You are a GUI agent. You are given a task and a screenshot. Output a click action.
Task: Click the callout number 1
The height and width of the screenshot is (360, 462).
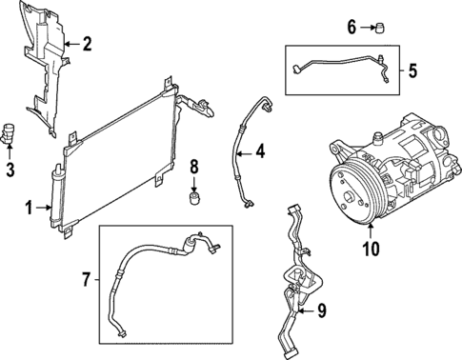[x=30, y=207]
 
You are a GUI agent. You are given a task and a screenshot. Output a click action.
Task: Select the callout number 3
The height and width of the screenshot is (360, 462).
[x=10, y=171]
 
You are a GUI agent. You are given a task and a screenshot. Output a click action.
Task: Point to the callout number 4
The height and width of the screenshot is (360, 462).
[x=260, y=150]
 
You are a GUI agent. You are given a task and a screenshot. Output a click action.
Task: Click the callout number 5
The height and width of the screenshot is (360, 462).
[x=412, y=70]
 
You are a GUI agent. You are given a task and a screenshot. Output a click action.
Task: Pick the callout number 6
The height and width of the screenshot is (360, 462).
[x=351, y=27]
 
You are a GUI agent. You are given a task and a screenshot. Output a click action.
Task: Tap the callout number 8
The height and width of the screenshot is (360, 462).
[x=194, y=167]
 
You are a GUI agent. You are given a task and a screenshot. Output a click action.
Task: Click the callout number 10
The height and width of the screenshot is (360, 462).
[x=370, y=250]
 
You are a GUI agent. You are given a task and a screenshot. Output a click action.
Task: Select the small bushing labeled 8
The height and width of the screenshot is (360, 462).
[x=194, y=198]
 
